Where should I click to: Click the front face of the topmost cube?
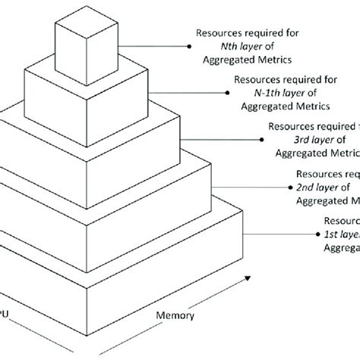[x=81, y=52]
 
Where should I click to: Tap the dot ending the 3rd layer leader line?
[x=262, y=138]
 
